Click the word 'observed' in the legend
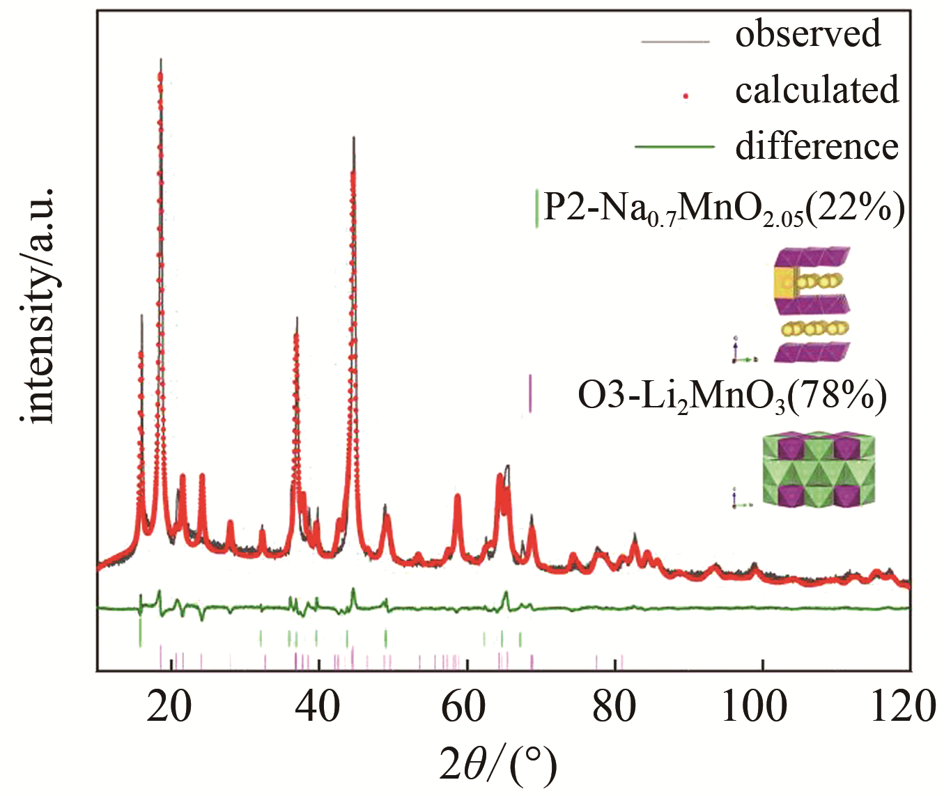[x=807, y=35]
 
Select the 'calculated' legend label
[x=817, y=91]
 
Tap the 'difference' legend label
[x=817, y=146]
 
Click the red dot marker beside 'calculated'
[x=686, y=97]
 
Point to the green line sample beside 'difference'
[x=674, y=147]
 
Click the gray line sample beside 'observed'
[x=674, y=42]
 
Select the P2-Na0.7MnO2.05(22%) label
[x=723, y=208]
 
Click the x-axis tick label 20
[x=170, y=706]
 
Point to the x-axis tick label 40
[x=318, y=706]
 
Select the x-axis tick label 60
[x=465, y=706]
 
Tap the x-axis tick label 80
[x=614, y=706]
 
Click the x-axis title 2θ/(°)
[x=498, y=765]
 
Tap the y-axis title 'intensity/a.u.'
[x=38, y=304]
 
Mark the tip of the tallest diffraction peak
[x=161, y=60]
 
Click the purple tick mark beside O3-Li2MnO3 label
[x=530, y=393]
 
